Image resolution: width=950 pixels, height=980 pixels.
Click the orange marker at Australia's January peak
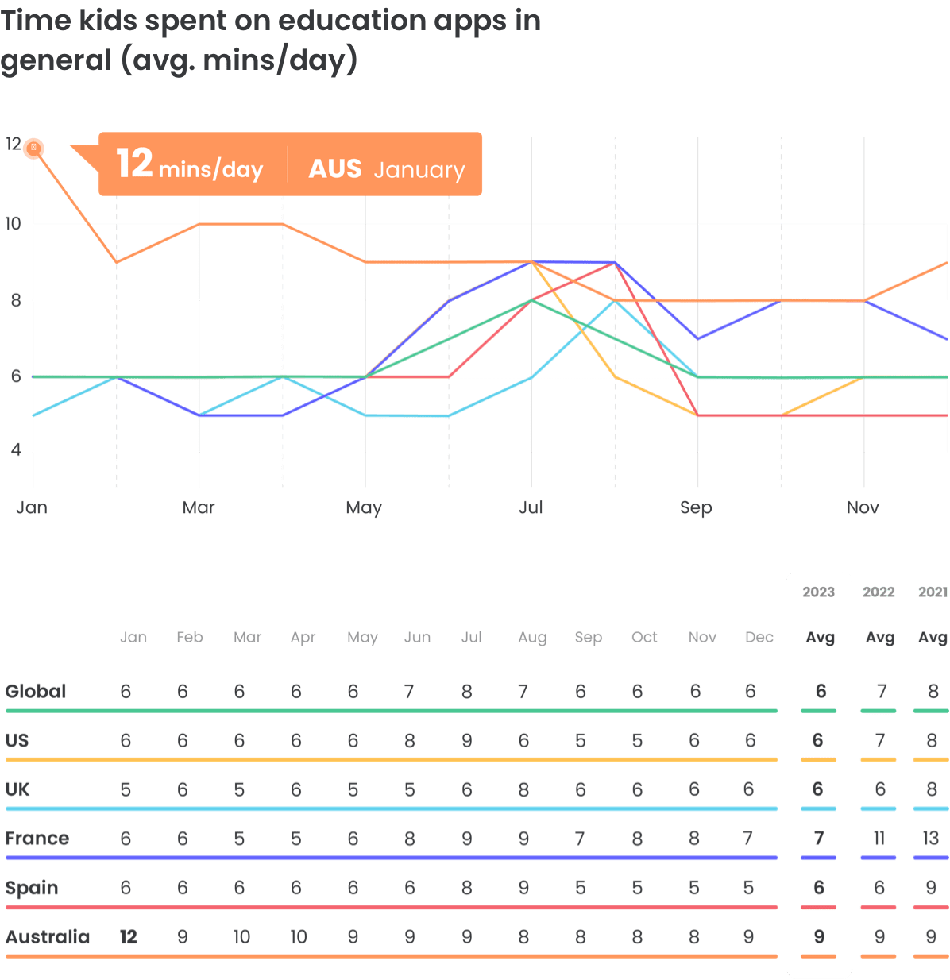(x=33, y=148)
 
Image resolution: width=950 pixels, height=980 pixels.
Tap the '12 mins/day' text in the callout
(x=189, y=164)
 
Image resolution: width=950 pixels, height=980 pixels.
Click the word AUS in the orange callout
(x=334, y=168)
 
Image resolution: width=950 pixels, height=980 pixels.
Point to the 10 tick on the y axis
(x=13, y=223)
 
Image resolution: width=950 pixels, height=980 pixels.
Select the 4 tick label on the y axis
(x=15, y=449)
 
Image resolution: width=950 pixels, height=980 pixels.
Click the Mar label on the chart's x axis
(x=199, y=507)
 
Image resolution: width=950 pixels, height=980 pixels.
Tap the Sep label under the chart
(x=696, y=507)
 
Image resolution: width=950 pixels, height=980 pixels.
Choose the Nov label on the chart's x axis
(x=863, y=507)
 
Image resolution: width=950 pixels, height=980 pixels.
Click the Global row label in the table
(x=36, y=691)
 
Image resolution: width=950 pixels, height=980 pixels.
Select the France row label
(x=37, y=839)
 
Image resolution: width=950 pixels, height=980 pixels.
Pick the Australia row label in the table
(x=48, y=937)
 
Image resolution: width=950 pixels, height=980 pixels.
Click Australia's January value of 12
(x=128, y=937)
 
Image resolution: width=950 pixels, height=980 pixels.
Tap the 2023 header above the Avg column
(x=818, y=592)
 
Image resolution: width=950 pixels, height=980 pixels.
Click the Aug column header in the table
(x=531, y=637)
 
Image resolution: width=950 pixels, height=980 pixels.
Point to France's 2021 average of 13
(x=931, y=838)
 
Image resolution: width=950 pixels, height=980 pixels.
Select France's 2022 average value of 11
(x=879, y=838)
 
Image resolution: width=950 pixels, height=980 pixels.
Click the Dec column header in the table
(x=759, y=637)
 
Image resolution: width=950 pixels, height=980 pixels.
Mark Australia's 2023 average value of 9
(x=819, y=936)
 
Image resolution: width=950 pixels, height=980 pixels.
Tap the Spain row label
(x=32, y=888)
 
